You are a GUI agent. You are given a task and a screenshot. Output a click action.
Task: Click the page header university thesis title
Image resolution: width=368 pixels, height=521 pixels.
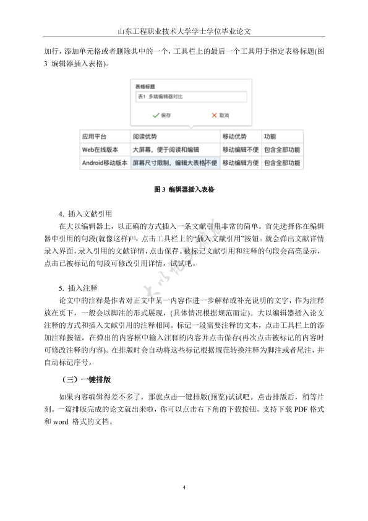184,30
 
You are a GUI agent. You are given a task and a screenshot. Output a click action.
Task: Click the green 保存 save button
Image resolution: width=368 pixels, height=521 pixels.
161,115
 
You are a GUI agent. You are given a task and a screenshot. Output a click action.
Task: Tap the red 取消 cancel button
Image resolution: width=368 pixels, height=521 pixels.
220,115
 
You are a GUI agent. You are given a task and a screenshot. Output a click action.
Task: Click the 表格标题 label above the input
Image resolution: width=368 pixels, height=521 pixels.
145,87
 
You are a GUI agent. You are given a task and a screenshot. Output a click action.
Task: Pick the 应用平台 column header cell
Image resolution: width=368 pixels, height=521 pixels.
94,136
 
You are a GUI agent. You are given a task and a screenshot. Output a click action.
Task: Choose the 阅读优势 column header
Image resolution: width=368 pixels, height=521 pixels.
145,136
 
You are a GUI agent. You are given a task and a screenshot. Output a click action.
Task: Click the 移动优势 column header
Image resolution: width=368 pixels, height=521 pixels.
234,136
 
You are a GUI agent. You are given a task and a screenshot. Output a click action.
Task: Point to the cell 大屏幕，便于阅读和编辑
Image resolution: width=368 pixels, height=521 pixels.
166,150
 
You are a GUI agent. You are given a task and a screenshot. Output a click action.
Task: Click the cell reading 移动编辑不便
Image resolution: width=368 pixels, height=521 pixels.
240,150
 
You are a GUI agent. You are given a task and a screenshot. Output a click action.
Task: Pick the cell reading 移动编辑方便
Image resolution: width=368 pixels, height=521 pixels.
240,163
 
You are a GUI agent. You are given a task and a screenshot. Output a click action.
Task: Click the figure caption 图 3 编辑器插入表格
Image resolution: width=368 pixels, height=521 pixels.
184,189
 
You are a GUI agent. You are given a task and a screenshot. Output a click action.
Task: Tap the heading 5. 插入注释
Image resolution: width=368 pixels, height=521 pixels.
78,288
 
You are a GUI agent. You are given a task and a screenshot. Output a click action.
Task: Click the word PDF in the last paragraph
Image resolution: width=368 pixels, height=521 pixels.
301,411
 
